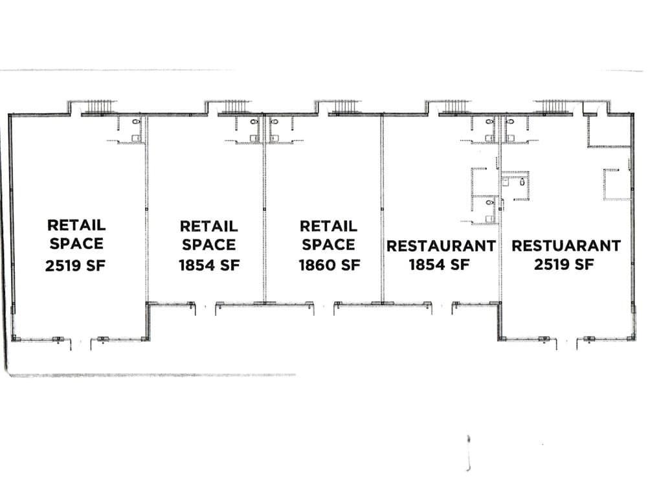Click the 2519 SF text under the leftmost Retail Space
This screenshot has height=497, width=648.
[75, 265]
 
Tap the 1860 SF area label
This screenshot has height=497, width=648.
[330, 265]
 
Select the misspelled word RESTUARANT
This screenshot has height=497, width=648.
[566, 246]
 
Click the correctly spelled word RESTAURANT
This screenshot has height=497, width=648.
[441, 246]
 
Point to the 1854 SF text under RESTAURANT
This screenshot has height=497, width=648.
[440, 265]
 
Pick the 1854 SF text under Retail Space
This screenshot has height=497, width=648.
[209, 265]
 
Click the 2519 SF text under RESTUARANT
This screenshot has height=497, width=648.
[564, 264]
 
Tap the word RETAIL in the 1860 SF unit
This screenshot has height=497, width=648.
[329, 226]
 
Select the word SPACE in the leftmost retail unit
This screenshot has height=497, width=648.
[76, 244]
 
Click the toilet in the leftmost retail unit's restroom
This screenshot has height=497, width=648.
[135, 122]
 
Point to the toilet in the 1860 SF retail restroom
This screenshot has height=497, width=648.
[274, 122]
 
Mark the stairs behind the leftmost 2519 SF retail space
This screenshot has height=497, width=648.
[98, 107]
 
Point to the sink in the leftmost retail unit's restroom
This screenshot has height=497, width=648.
[135, 138]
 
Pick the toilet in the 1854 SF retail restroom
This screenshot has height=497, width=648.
[254, 122]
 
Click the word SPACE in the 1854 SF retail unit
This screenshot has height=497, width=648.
[208, 245]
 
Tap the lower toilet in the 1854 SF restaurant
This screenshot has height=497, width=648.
[489, 203]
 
